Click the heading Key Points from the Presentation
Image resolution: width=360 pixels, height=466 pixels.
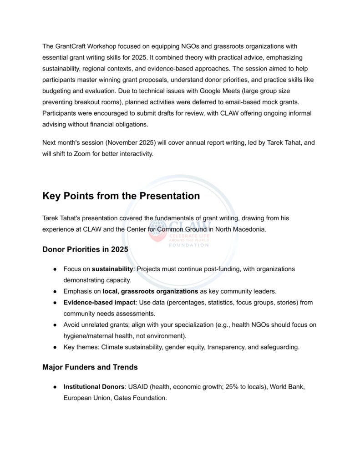pos(121,196)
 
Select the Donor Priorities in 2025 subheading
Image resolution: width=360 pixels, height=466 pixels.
pos(85,249)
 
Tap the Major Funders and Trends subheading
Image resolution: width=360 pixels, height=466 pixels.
pos(90,367)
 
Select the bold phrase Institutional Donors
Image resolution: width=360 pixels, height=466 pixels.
pos(94,387)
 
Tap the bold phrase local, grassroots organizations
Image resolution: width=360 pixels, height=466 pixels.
pos(150,291)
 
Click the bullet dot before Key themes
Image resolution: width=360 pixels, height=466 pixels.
pos(54,347)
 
